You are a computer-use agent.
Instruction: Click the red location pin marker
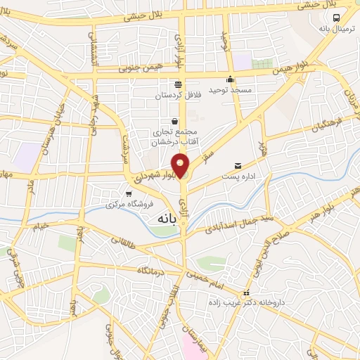coord(181,165)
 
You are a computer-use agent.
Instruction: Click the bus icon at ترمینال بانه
coord(337,17)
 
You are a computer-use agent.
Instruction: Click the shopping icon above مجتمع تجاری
coord(174,122)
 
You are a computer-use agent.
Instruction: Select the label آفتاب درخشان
coord(171,142)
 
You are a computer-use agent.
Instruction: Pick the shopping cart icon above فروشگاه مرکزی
coord(128,194)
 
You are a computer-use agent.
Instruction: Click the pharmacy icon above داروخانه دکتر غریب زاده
coord(245,293)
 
